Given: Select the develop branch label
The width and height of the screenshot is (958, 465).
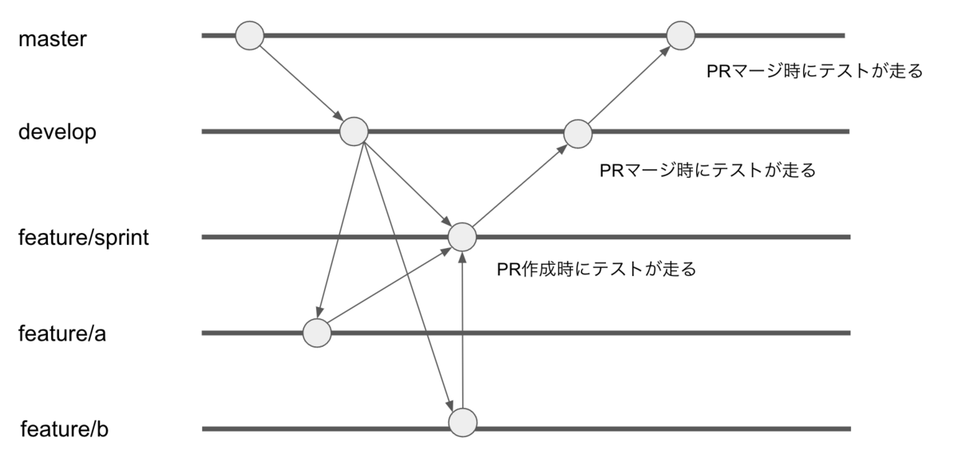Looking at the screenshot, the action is [57, 132].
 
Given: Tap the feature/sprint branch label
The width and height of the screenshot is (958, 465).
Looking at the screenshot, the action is [84, 238].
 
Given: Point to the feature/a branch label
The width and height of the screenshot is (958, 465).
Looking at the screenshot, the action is [62, 333].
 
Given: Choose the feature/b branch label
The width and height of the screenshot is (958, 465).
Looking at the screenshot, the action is [63, 430].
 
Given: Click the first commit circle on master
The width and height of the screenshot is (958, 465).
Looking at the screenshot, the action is [249, 35].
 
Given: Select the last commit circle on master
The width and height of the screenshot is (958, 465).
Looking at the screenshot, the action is [681, 35].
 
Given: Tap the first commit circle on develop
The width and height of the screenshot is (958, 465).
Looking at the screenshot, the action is [354, 131].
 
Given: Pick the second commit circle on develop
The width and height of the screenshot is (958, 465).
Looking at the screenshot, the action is [578, 133].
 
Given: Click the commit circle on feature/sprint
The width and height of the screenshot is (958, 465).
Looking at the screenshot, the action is [462, 237].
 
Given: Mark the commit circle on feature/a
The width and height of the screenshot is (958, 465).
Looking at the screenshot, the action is [317, 333].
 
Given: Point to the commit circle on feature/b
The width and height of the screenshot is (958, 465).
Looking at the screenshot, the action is [463, 421].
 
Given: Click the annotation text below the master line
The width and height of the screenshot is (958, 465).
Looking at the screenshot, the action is [814, 72].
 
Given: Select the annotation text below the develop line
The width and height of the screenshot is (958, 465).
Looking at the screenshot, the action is [707, 171].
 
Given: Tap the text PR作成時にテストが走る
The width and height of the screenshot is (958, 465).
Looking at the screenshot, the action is [596, 269].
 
